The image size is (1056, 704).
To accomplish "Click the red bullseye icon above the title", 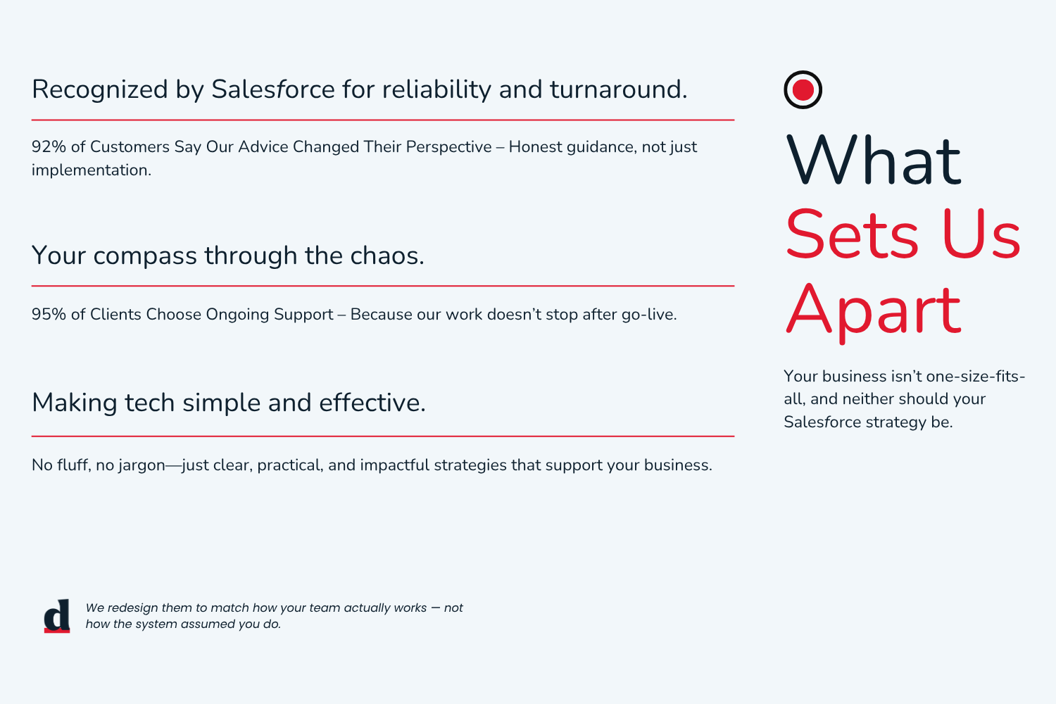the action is (803, 89).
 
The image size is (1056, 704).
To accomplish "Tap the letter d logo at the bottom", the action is (57, 616).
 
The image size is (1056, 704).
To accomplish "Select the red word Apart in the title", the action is (873, 311).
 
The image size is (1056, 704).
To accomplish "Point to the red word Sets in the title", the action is (852, 234).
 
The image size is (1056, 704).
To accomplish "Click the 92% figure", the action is (49, 146).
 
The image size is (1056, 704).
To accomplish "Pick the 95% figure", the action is (49, 314).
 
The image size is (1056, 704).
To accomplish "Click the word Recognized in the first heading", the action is (99, 89).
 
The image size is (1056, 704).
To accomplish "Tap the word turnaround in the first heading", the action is (619, 89).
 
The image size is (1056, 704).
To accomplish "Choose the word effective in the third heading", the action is (372, 403).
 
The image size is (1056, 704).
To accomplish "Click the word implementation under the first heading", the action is (92, 170).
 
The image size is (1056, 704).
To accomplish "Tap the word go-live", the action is (649, 315).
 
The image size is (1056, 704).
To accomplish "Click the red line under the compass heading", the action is (383, 286).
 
